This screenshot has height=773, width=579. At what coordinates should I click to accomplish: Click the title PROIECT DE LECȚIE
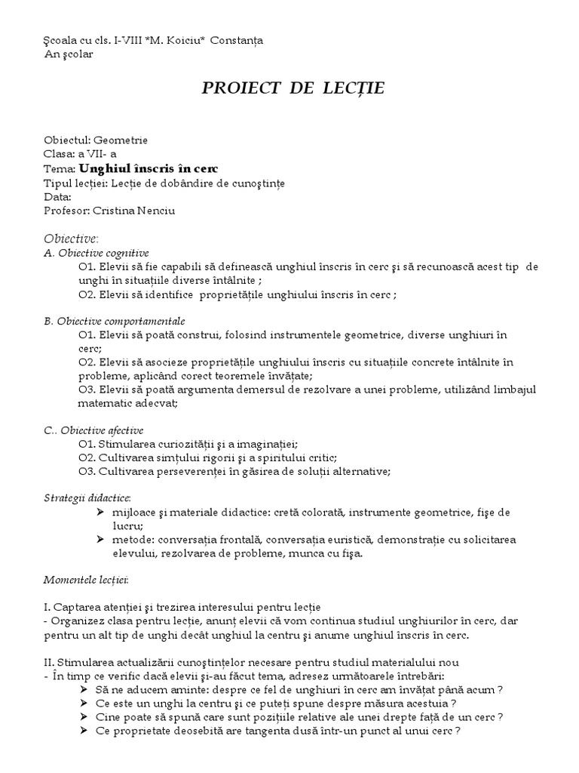tap(293, 88)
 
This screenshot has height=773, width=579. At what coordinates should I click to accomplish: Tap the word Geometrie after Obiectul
tap(120, 140)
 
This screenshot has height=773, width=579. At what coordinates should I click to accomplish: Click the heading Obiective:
tap(67, 239)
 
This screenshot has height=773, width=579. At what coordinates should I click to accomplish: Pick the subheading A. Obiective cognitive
tap(96, 253)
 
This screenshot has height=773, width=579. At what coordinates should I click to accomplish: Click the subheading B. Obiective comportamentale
tap(115, 321)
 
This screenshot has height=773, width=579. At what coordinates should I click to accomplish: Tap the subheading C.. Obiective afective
tap(93, 430)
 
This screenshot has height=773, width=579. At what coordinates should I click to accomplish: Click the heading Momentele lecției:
tap(86, 580)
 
